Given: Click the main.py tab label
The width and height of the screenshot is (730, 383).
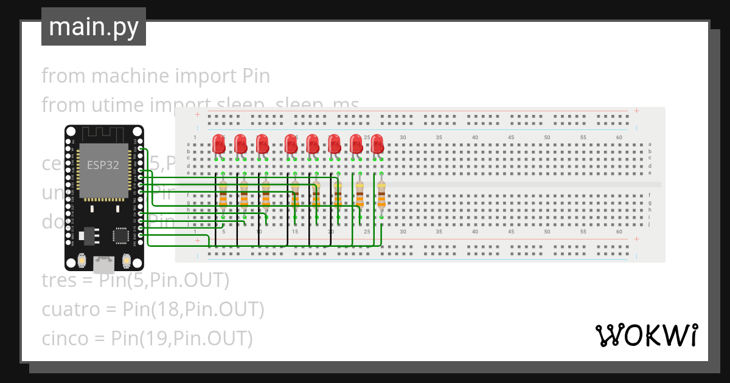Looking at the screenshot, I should click(x=93, y=27).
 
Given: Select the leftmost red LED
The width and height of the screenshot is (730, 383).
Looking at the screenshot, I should click(x=219, y=145).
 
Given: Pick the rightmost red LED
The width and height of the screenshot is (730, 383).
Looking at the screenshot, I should click(x=377, y=145).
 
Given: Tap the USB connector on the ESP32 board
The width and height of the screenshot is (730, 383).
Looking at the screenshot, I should click(x=104, y=264).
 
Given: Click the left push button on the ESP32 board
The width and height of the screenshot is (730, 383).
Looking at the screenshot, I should click(x=82, y=260).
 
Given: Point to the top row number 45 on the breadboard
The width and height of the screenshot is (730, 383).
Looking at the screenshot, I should click(x=511, y=138).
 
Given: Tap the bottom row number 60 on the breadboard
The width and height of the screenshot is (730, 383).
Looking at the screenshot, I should click(x=619, y=232).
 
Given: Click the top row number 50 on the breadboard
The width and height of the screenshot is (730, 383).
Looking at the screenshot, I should click(x=547, y=138).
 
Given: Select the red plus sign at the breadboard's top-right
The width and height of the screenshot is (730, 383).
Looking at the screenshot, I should click(x=636, y=111).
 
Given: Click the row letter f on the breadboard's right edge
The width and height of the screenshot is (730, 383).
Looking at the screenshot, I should click(x=650, y=195).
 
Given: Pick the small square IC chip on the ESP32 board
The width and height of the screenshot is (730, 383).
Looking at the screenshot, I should click(x=120, y=235).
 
